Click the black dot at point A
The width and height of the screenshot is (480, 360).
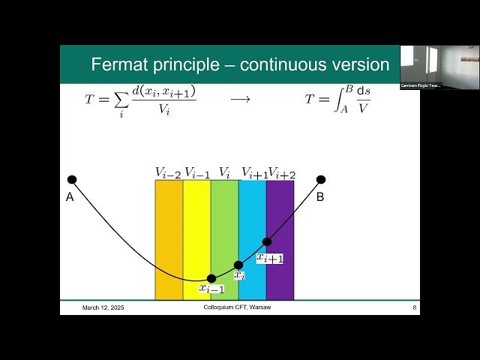point(72,179)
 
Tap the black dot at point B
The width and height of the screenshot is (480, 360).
point(321,179)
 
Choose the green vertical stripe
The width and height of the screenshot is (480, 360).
point(224,225)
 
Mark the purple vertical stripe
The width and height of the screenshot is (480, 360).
point(280,225)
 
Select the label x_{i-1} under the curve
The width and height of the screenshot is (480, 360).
point(211,289)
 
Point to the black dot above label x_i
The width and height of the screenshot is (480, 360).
point(238,265)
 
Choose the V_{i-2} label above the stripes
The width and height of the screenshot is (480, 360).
point(168,172)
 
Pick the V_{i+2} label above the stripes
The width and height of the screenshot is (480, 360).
point(281,172)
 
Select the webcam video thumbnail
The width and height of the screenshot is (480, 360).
point(439,67)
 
